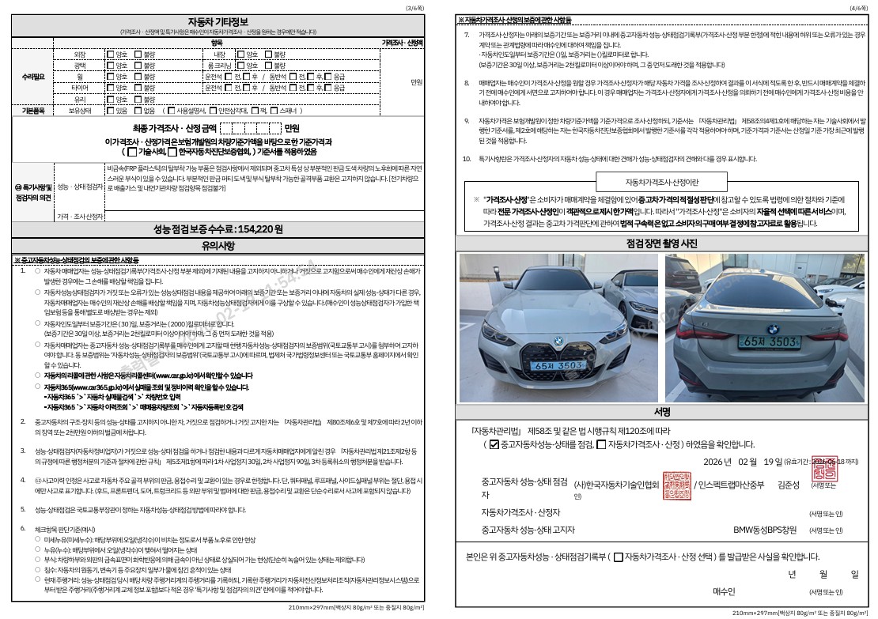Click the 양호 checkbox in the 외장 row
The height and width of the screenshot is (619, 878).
coord(110,55)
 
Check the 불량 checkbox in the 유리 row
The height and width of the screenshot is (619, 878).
coord(138,100)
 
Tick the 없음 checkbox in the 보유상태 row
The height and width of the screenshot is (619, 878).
coord(138,111)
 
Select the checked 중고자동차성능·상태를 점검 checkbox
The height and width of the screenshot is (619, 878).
coord(494,445)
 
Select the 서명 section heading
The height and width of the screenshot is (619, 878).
coord(662,412)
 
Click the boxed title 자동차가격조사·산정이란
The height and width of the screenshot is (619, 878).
coord(662,182)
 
